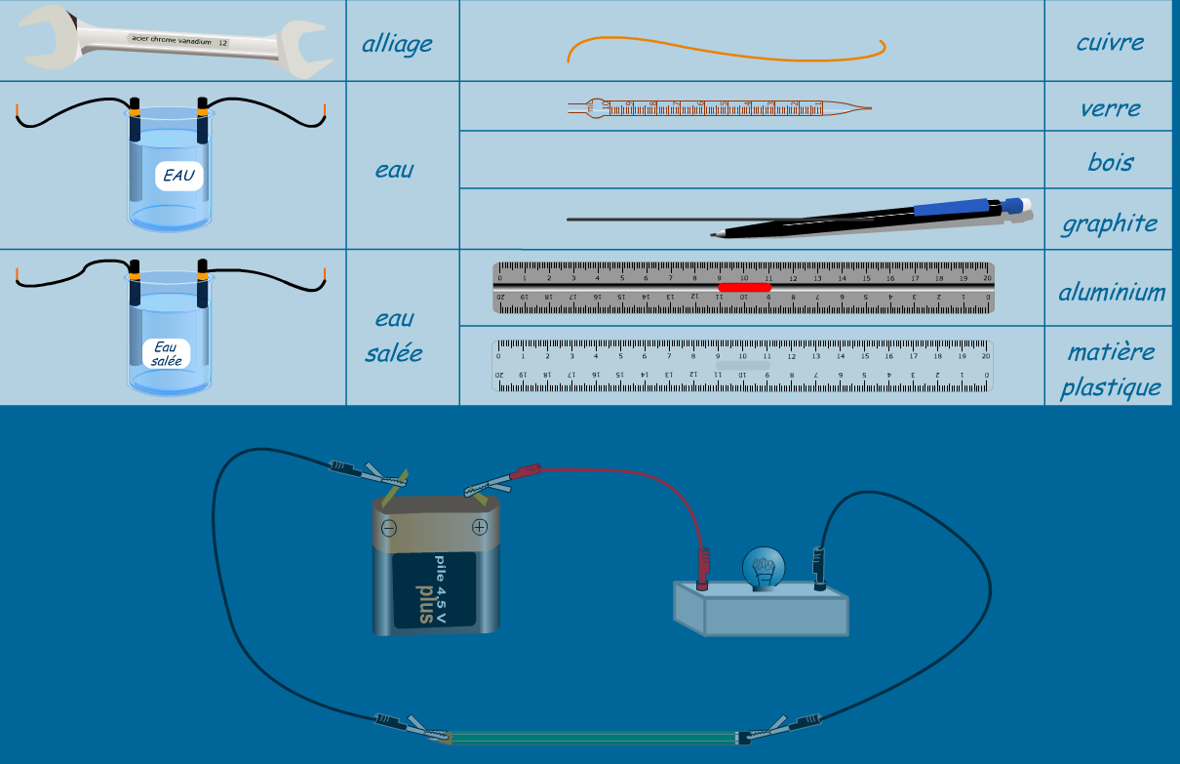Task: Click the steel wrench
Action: (x=176, y=41)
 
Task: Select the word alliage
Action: (x=397, y=44)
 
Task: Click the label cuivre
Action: (x=1110, y=42)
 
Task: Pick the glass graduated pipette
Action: (x=717, y=107)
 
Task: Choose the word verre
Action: (x=1110, y=107)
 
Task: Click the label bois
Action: (x=1111, y=161)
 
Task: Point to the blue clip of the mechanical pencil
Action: (x=951, y=207)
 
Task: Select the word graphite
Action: (x=1110, y=223)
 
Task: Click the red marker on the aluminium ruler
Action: (x=744, y=287)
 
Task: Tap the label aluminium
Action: (x=1112, y=292)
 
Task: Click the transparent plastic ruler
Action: (x=743, y=366)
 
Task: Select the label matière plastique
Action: (x=1111, y=369)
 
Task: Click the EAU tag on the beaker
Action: (x=178, y=177)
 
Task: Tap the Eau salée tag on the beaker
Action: (x=166, y=353)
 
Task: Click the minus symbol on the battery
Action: (x=388, y=529)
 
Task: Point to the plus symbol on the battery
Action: (x=479, y=528)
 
